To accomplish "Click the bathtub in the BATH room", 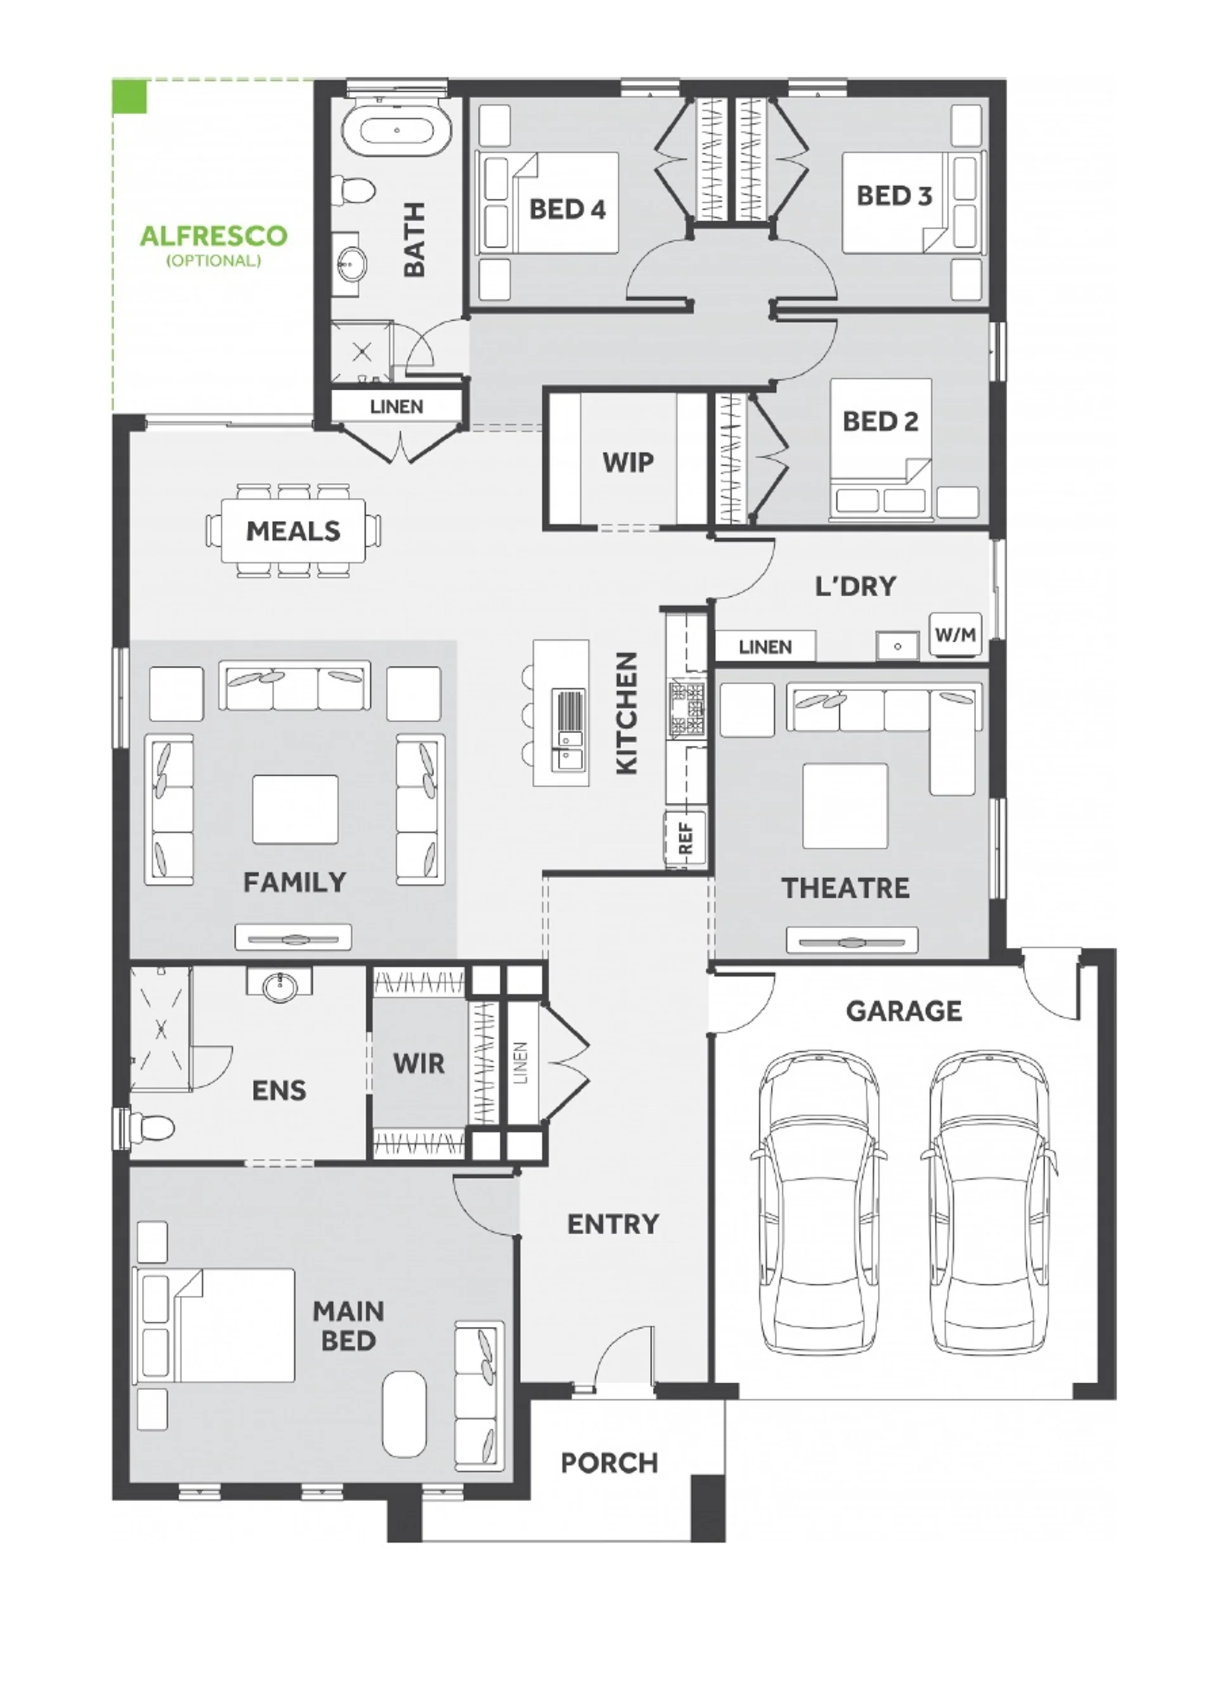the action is click(x=396, y=130).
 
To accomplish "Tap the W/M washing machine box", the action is click(x=955, y=634).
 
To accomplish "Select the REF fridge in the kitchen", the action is click(x=685, y=838).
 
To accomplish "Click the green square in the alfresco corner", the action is click(x=129, y=97).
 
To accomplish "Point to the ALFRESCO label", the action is click(x=214, y=236).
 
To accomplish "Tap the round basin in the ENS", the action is click(x=280, y=985).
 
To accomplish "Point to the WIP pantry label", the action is click(x=628, y=462).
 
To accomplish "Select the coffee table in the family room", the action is click(x=295, y=809).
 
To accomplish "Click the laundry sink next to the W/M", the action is click(x=898, y=645).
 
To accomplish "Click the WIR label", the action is click(x=419, y=1064).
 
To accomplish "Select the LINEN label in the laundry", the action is click(x=765, y=646).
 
